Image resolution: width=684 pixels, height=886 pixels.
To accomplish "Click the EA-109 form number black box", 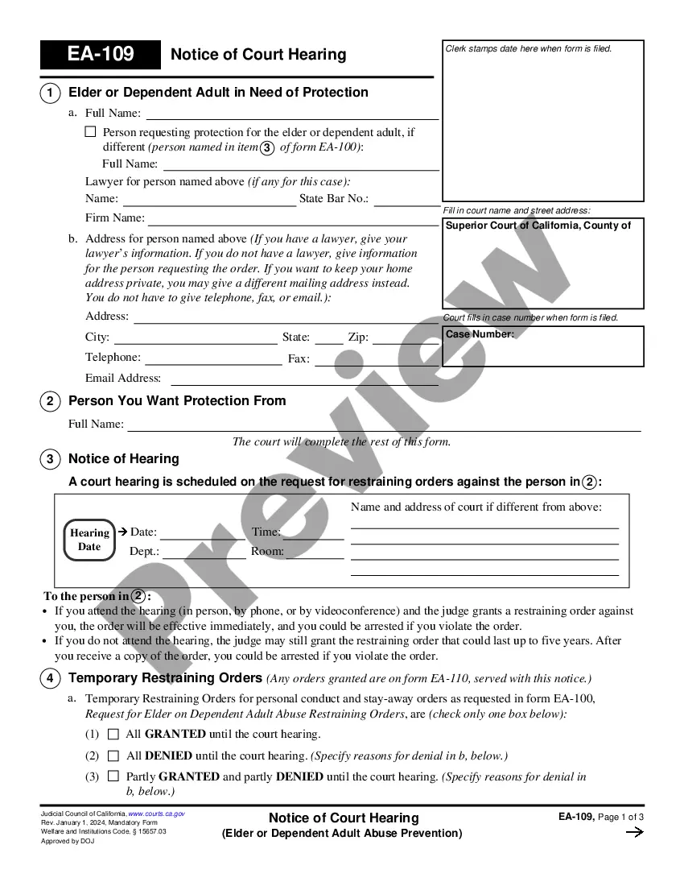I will [101, 55].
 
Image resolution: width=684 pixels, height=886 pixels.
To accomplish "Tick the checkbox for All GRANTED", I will [113, 734].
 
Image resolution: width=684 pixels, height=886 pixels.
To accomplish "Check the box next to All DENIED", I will [113, 756].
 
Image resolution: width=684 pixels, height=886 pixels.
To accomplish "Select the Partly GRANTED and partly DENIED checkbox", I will [113, 776].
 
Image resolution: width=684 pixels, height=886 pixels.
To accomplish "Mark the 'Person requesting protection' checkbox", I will [90, 131].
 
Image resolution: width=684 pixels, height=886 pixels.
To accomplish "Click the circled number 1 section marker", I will [50, 93].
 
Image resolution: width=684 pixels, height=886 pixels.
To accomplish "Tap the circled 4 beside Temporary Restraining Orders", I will [50, 679].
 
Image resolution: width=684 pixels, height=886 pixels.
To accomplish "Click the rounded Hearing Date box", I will [89, 540].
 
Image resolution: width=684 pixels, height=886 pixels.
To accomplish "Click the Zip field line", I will [405, 339].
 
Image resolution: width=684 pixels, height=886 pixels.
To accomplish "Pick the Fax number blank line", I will [376, 360].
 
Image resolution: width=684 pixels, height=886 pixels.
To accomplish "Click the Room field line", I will [315, 553].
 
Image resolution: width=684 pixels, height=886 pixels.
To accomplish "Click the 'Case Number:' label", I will [480, 334].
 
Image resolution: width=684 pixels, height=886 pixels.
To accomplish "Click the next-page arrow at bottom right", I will [634, 833].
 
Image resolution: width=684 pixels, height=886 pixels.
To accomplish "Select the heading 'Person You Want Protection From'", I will [177, 401].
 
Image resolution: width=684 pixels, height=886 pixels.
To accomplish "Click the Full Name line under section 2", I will [384, 425].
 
